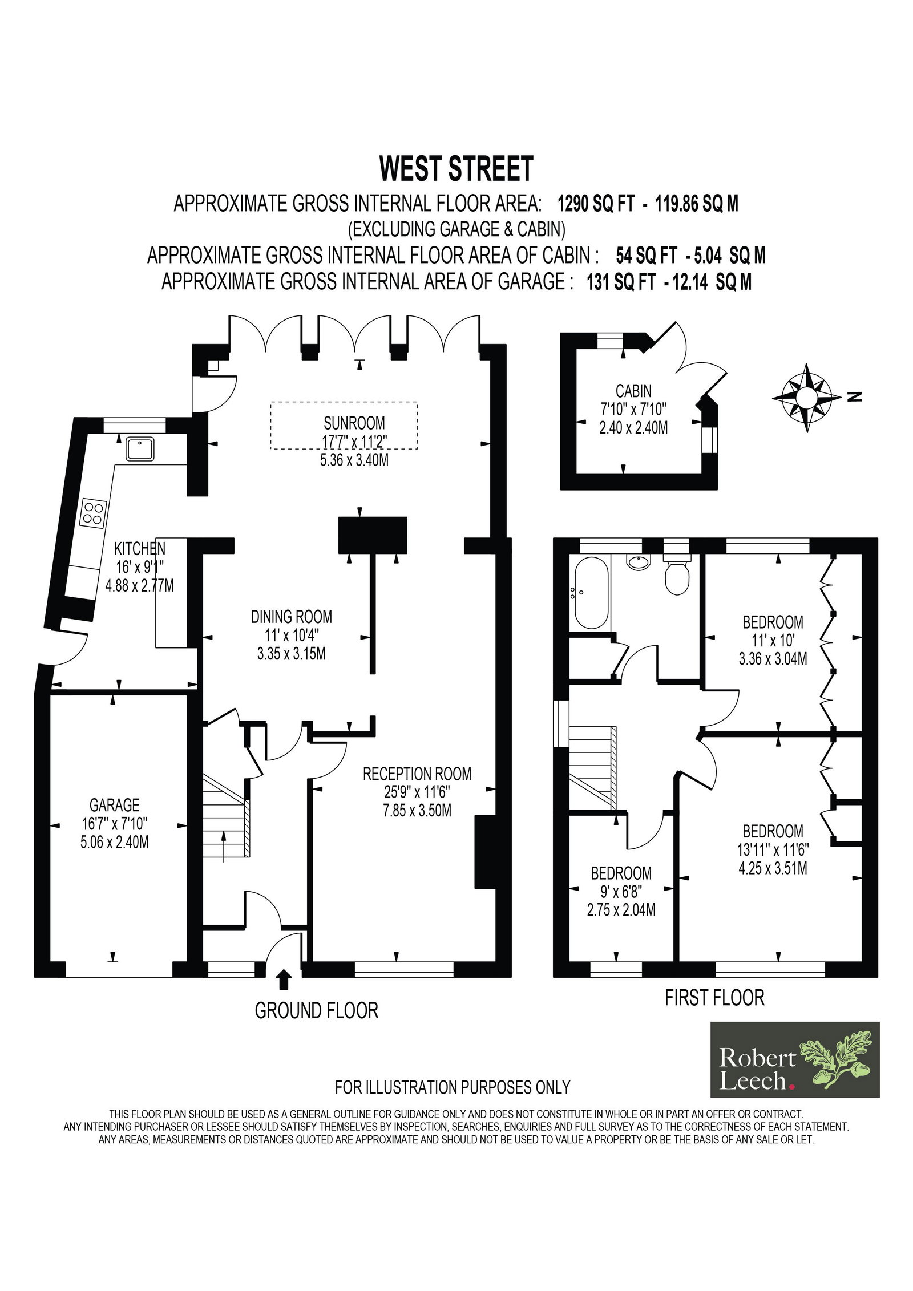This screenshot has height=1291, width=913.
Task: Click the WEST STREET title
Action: tap(456, 169)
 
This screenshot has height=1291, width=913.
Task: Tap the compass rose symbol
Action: tap(807, 398)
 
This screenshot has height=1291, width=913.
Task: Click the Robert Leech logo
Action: tap(795, 1059)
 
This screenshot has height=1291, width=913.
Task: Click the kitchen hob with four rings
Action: tap(94, 512)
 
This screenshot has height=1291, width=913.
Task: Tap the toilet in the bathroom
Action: tap(677, 573)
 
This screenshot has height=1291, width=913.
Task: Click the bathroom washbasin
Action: tap(638, 562)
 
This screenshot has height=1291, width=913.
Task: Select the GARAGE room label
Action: tap(115, 805)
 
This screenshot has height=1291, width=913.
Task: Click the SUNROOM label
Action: tap(354, 423)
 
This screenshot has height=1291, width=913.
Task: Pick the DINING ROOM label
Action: tap(291, 617)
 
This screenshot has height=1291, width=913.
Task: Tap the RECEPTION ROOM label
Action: tap(417, 774)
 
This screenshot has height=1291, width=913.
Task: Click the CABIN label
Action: tap(633, 391)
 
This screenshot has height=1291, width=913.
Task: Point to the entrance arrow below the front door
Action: tap(283, 980)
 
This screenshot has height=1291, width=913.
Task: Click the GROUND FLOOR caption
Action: tap(317, 1011)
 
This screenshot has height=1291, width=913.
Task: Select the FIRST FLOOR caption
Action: tap(714, 997)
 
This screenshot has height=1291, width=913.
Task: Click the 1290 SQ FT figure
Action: tap(596, 204)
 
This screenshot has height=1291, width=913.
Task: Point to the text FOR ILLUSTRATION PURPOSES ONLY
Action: tap(453, 1087)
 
